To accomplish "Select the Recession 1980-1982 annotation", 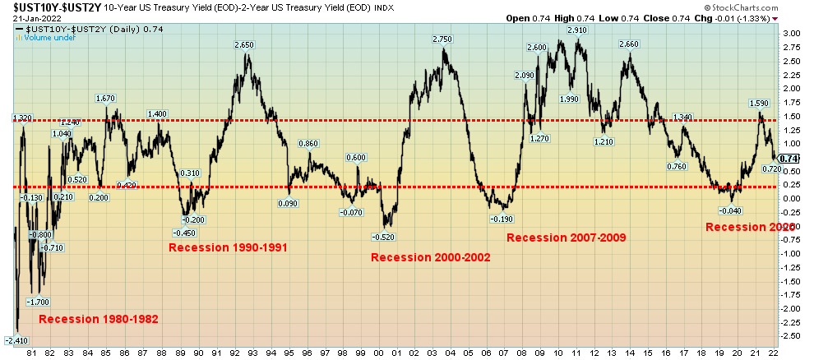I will click(x=99, y=319).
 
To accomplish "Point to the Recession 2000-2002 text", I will click(x=431, y=257).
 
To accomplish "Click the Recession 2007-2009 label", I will click(x=566, y=238).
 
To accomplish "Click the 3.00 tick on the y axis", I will click(x=791, y=33).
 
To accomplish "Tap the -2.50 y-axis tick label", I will click(x=789, y=336).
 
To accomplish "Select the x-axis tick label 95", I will click(x=289, y=353).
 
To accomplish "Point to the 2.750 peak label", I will click(x=442, y=39).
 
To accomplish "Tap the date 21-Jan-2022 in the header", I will click(x=33, y=18).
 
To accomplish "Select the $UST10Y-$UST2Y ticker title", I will click(x=54, y=7).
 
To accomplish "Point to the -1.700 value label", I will click(x=36, y=302).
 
